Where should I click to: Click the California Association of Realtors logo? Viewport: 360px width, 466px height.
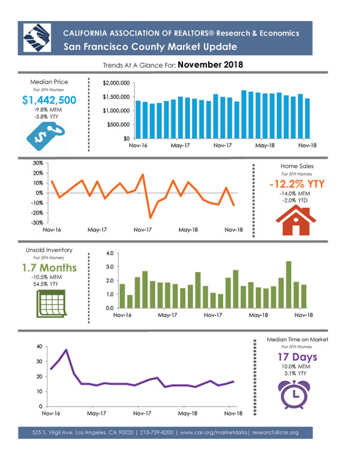[x=37, y=38]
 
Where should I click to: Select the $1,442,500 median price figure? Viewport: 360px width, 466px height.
[x=49, y=100]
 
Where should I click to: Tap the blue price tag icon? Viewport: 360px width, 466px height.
[x=46, y=136]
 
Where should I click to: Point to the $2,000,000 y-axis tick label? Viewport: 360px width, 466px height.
[x=116, y=83]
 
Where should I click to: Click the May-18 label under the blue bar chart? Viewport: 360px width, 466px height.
[x=265, y=145]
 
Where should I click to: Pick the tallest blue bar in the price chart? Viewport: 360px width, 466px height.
[x=244, y=115]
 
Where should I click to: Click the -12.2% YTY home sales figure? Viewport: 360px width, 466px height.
[x=297, y=184]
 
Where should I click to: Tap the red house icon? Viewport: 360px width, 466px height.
[x=296, y=220]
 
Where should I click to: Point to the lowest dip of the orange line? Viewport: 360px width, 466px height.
[x=150, y=218]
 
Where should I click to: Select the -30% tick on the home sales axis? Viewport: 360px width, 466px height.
[x=38, y=223]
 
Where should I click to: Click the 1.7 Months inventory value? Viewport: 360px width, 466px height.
[x=49, y=268]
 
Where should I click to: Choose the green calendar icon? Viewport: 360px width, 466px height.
[x=52, y=303]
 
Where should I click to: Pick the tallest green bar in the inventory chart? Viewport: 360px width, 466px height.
[x=289, y=285]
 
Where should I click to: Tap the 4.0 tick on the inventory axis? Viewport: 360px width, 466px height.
[x=110, y=253]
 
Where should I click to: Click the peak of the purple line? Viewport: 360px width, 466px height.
[x=66, y=349]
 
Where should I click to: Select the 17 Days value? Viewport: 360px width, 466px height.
[x=298, y=357]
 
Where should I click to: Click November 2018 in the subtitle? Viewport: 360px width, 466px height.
[x=210, y=64]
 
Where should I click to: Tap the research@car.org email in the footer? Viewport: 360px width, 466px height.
[x=275, y=432]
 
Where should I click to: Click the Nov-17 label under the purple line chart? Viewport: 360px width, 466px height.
[x=142, y=413]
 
